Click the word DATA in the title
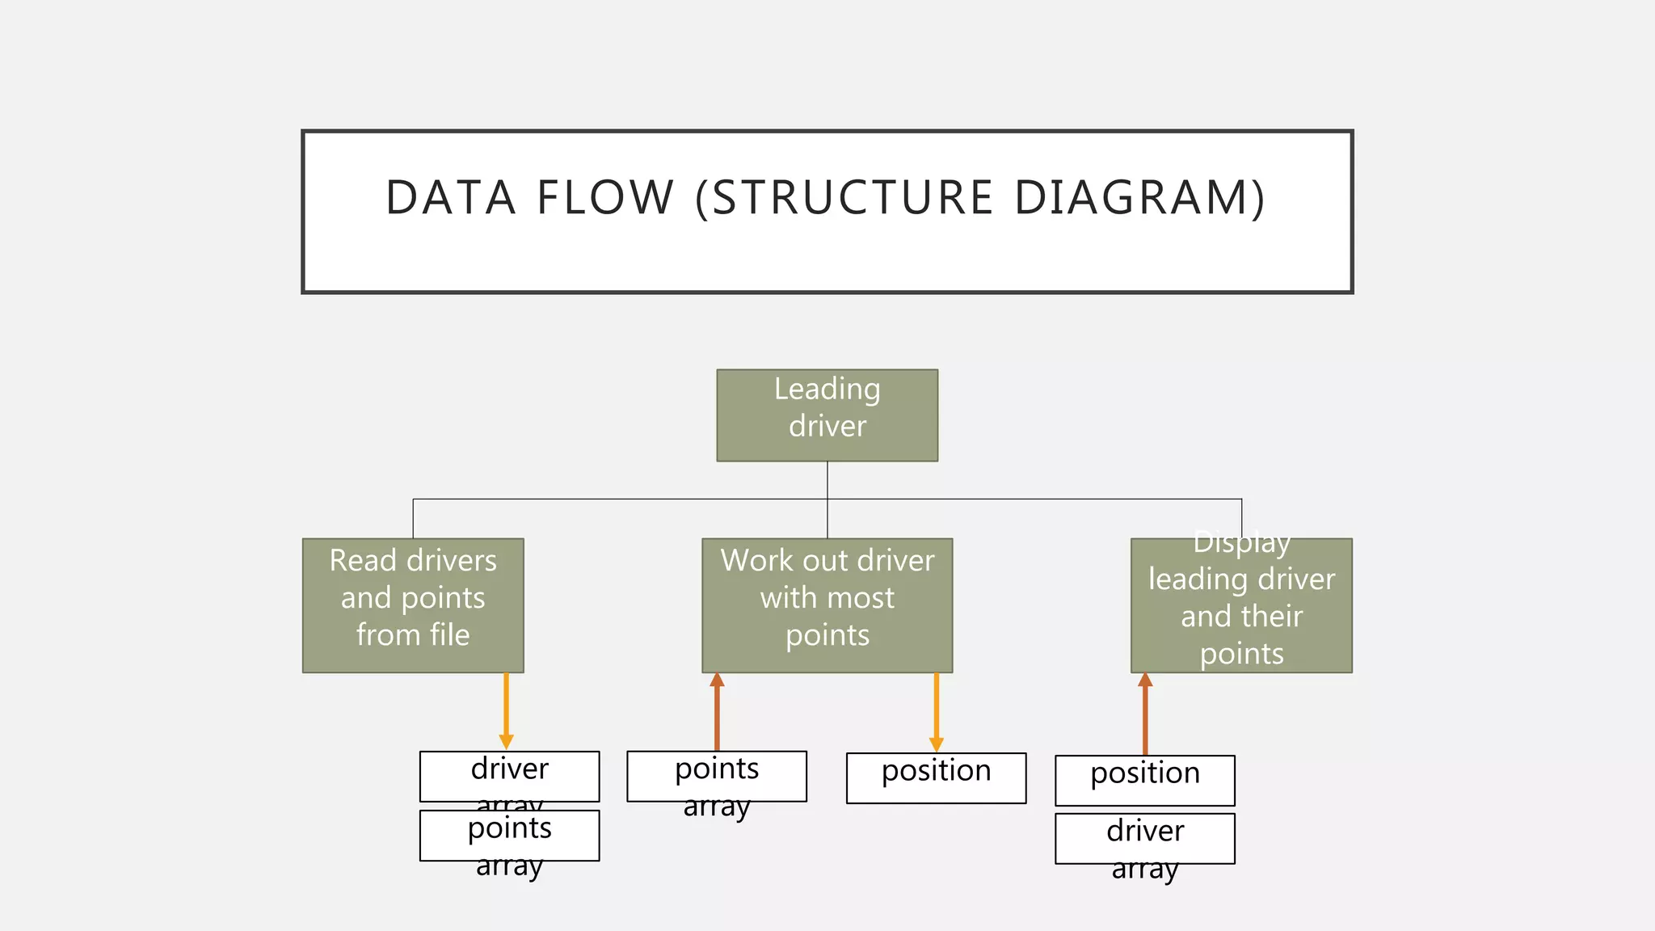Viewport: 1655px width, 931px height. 450,198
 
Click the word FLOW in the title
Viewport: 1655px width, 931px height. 605,198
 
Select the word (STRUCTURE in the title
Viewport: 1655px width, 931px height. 844,198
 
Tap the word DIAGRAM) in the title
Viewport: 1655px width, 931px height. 1139,198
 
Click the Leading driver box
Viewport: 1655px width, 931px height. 827,415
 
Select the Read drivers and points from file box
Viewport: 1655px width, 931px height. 413,605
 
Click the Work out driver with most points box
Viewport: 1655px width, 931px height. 827,605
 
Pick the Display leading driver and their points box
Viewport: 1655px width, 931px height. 1241,605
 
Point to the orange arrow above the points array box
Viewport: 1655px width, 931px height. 717,711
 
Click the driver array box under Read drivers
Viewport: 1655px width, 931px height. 509,776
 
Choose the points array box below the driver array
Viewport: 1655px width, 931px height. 509,835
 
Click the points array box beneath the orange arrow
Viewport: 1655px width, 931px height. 717,776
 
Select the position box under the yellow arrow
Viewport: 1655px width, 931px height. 936,777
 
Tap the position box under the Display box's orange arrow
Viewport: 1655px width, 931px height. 1144,780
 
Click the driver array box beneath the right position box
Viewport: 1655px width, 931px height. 1144,838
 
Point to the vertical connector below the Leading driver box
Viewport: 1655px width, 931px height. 827,481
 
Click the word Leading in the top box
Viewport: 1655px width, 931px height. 827,390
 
